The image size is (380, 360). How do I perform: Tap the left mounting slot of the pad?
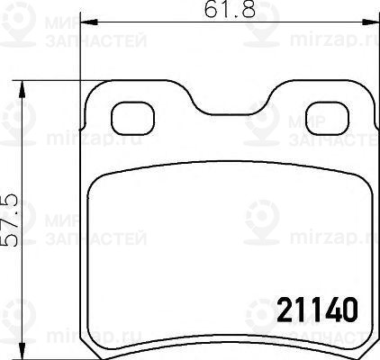132,117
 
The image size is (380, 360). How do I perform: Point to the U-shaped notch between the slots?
229,106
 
